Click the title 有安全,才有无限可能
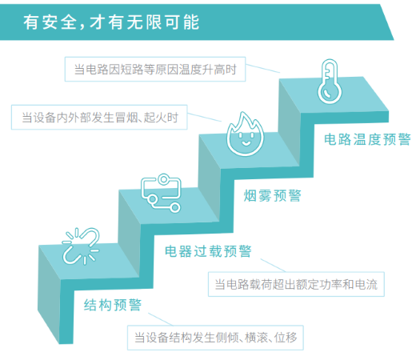point(111,22)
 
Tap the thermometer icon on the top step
point(330,82)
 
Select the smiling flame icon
point(245,134)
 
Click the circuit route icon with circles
point(161,193)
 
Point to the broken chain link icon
point(81,246)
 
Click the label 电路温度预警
point(367,139)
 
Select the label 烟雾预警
point(272,195)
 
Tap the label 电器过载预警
point(208,251)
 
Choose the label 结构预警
point(113,305)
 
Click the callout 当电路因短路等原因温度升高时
point(155,69)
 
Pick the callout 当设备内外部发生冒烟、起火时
point(99,118)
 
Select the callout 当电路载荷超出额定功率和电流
point(296,284)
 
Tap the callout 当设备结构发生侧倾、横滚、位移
point(215,338)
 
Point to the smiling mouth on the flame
point(246,144)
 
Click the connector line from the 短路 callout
point(262,68)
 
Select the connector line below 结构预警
point(161,319)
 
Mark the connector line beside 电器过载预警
point(273,266)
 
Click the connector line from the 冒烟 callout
point(205,117)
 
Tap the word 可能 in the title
point(182,22)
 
